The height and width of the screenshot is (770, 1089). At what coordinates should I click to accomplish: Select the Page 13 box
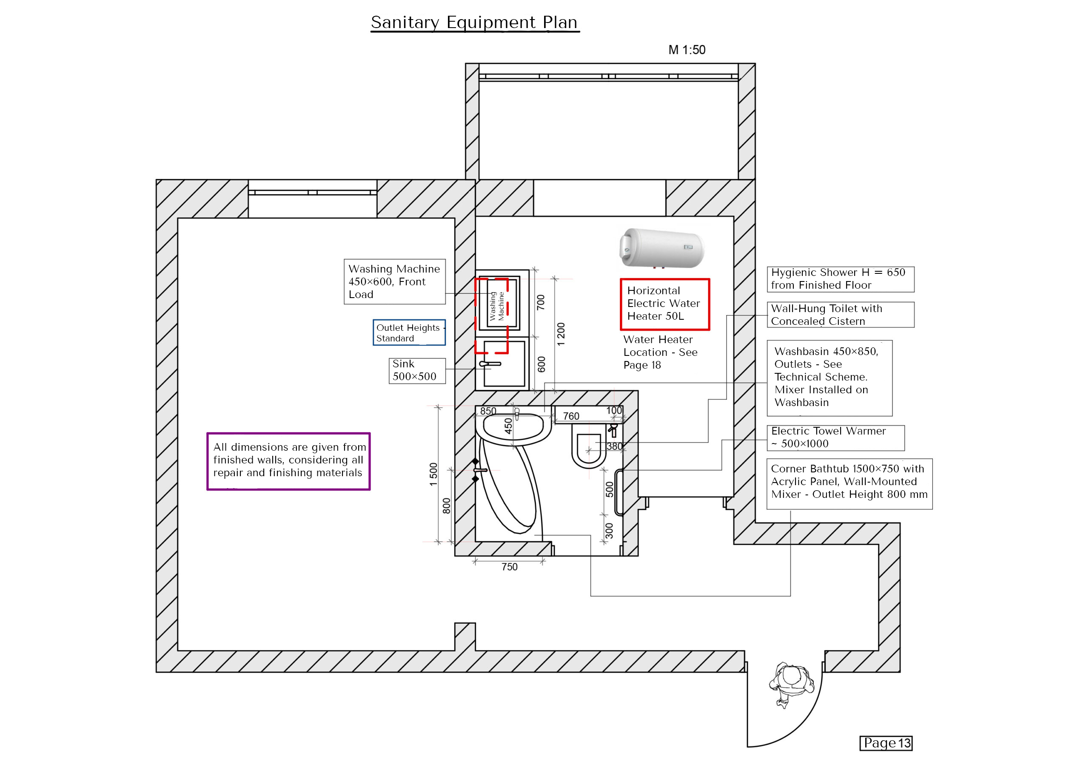pos(886,743)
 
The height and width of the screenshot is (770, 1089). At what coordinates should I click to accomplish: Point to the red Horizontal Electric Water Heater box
pos(664,304)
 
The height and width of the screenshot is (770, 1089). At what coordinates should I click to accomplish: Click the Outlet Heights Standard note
pos(409,332)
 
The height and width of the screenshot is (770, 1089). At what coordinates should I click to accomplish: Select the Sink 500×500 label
pos(416,370)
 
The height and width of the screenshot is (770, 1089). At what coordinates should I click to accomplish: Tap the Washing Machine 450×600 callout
pos(394,281)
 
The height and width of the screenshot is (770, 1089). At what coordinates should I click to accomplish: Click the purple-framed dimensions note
pos(288,461)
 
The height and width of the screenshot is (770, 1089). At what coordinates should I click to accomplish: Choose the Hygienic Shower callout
pos(840,279)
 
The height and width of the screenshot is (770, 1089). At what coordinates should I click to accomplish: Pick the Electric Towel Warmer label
pos(835,437)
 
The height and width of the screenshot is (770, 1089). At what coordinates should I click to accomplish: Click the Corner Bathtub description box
pos(849,482)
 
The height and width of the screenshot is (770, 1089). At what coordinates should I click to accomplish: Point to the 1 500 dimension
pos(433,474)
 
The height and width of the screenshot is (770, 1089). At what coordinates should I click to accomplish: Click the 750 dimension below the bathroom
pos(509,567)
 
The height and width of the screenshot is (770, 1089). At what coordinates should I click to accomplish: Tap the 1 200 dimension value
pos(561,334)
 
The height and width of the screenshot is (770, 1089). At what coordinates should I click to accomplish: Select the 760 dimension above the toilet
pos(571,416)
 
